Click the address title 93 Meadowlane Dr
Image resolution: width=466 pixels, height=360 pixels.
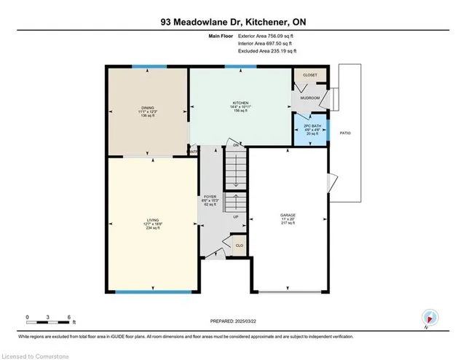(x=232, y=22)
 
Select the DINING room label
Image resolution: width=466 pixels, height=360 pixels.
(x=148, y=111)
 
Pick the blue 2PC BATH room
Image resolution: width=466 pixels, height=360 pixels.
(x=309, y=129)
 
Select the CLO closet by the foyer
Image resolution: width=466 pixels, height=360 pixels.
(x=238, y=246)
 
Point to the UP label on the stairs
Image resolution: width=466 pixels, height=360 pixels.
(x=234, y=217)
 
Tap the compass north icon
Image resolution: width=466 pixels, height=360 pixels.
(x=430, y=317)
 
